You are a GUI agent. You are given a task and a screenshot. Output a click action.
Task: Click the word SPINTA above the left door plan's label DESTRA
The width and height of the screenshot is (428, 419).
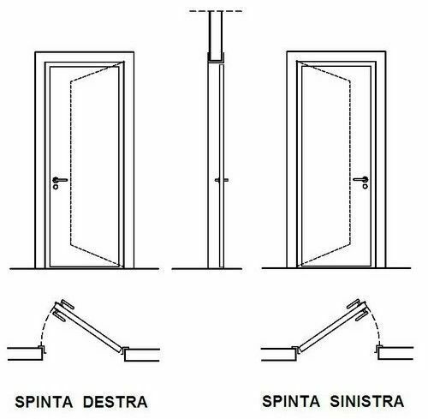[44, 402]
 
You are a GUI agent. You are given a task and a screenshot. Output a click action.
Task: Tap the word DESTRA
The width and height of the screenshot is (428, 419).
[116, 402]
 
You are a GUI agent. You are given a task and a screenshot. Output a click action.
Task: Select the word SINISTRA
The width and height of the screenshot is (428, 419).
[367, 401]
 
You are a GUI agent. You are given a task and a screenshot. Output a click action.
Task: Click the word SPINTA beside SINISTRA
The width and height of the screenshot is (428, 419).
[291, 401]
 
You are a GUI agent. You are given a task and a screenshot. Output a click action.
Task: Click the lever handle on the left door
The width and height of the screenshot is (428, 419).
[60, 180]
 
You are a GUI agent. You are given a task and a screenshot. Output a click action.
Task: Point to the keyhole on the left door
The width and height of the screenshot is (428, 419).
[56, 187]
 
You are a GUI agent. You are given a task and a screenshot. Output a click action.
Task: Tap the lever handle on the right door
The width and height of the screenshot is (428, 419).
[360, 179]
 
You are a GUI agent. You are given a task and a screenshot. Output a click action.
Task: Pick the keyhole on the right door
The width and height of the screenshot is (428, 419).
[366, 187]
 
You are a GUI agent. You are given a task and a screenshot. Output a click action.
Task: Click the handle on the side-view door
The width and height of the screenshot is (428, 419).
[222, 180]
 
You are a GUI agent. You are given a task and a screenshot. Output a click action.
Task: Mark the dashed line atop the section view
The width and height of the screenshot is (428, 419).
[216, 11]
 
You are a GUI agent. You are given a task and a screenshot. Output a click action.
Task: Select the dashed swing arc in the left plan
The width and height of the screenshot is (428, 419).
[45, 326]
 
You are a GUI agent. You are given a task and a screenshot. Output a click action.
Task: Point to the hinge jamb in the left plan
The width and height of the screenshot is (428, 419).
[126, 350]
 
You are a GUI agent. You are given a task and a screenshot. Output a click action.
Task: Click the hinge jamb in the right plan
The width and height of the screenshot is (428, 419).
[295, 350]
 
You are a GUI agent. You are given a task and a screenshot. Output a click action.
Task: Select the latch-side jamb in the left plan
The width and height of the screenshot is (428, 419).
[43, 349]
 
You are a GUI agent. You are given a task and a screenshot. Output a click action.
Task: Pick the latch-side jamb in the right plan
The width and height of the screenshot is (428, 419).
[378, 349]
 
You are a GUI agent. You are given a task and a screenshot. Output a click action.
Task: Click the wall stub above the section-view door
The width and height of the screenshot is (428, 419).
[216, 36]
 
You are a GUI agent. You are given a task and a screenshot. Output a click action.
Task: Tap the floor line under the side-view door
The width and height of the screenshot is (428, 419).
[207, 269]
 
